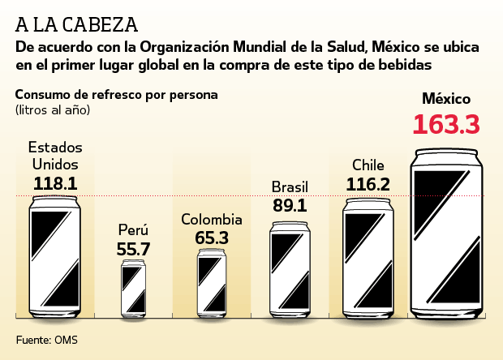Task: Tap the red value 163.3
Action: (446, 125)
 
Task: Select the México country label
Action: (446, 99)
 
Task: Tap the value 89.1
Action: (290, 206)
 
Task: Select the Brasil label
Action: (290, 186)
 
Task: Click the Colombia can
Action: (212, 281)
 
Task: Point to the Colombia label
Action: (212, 220)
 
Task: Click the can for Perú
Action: (134, 287)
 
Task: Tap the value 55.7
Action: (134, 249)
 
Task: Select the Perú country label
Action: (134, 230)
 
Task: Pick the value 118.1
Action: (55, 183)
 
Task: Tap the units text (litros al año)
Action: (53, 109)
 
